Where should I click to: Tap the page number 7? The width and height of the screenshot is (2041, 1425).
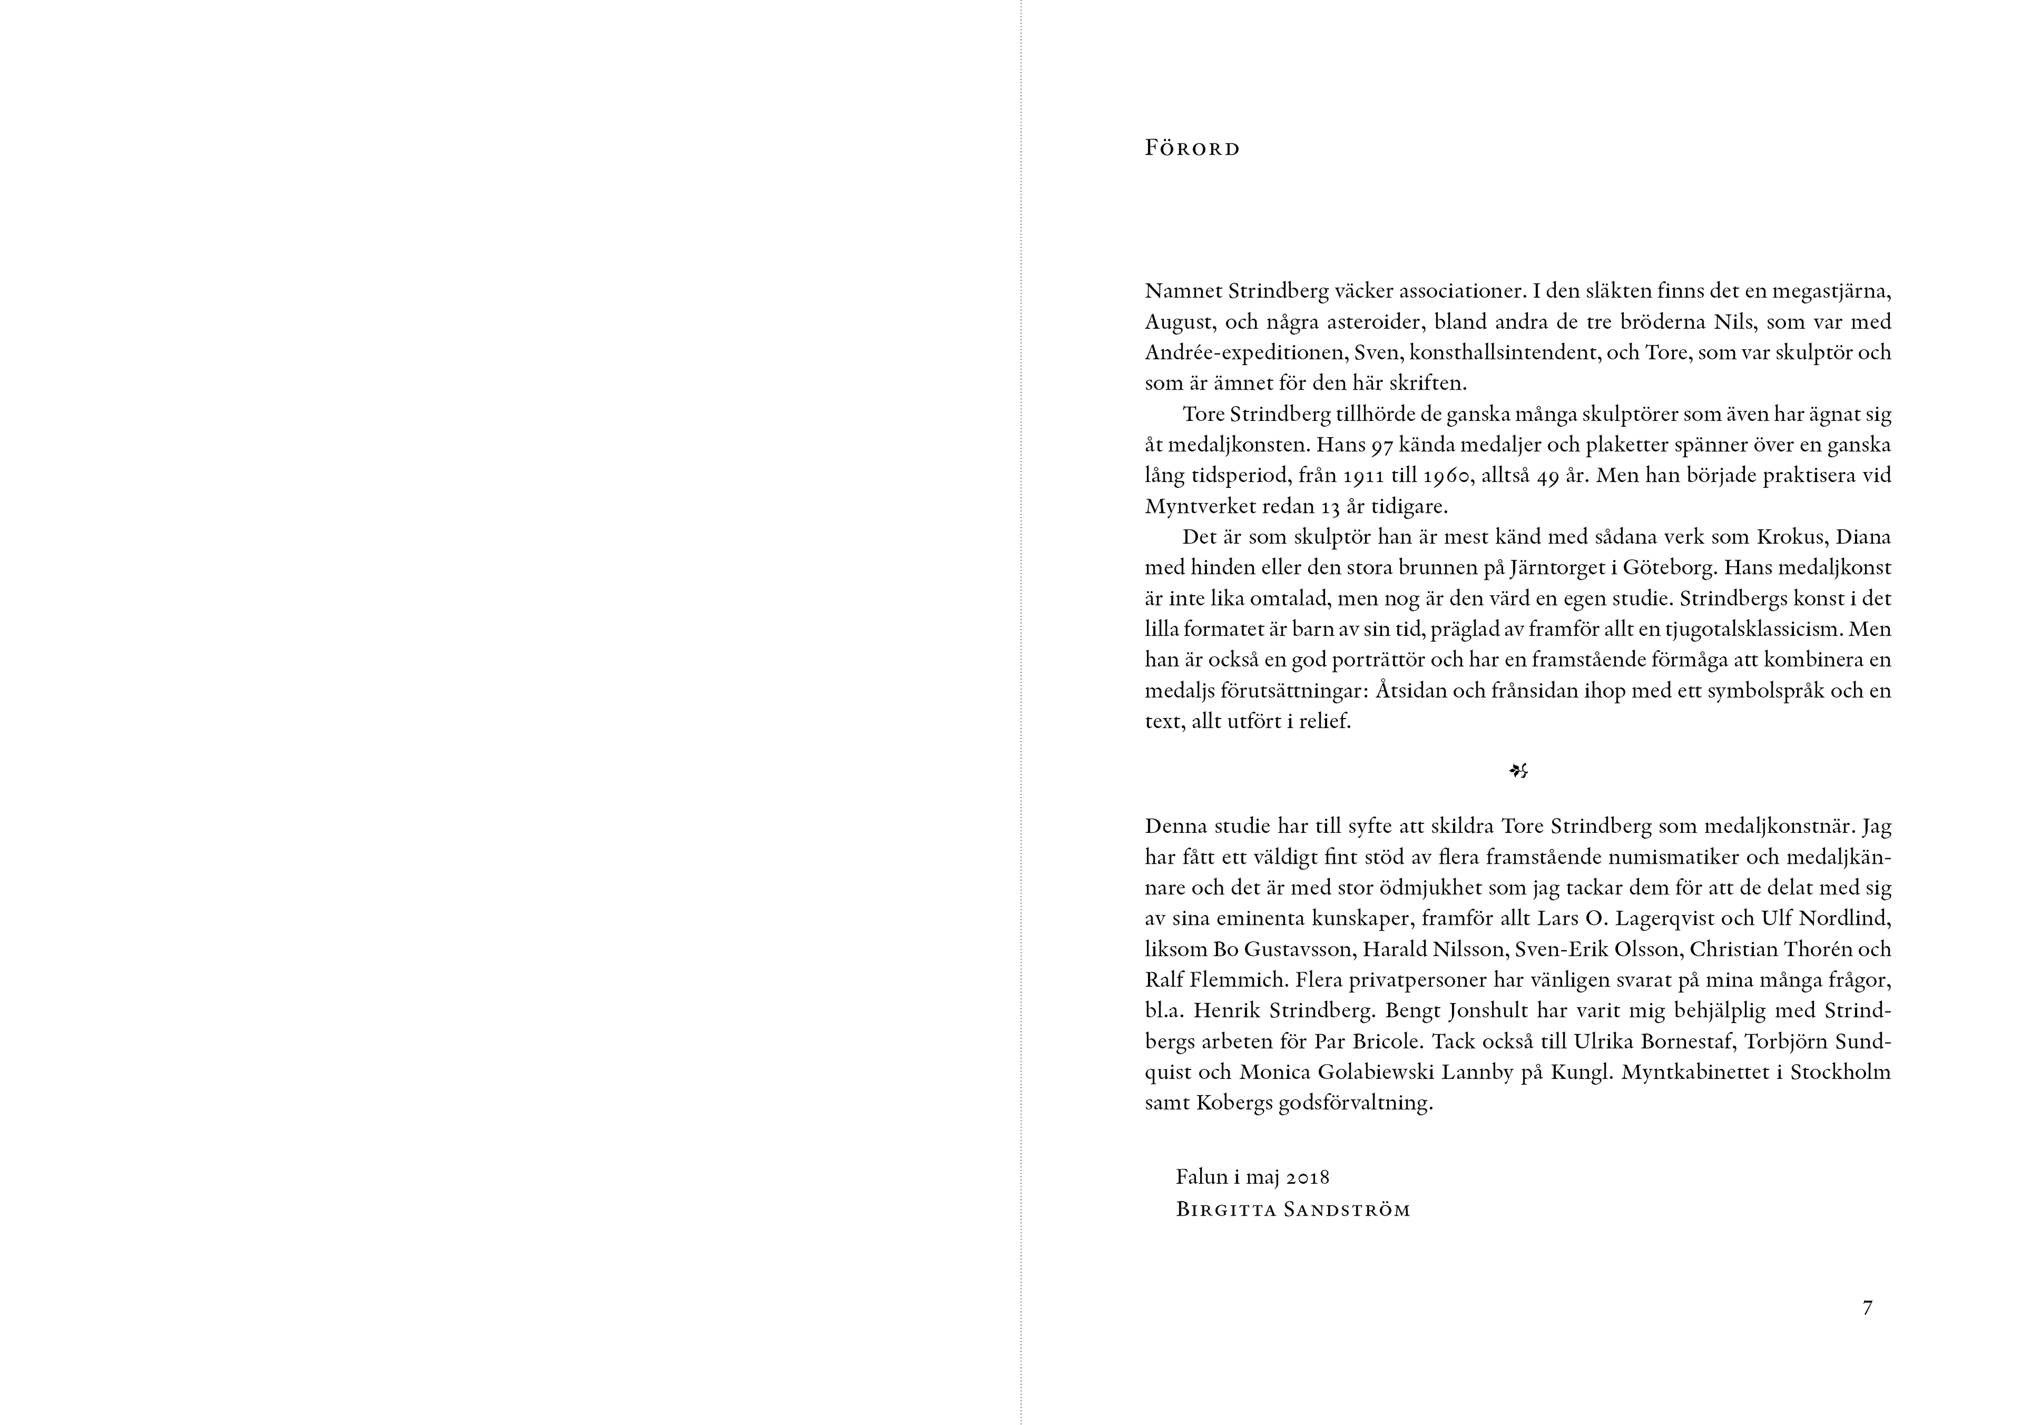1868,1308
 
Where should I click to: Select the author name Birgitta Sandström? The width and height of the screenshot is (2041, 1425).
1293,1210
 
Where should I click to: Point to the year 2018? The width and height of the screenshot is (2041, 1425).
1307,1177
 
